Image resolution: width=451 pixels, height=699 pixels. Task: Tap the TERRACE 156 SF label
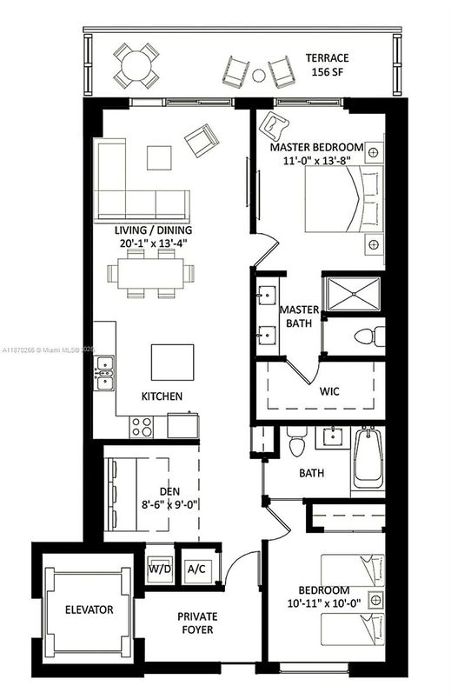326,66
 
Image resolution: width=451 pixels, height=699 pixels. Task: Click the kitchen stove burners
141,426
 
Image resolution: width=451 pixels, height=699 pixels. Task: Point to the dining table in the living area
149,274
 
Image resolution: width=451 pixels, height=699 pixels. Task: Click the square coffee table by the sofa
159,156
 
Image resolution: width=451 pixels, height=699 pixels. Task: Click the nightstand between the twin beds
375,599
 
